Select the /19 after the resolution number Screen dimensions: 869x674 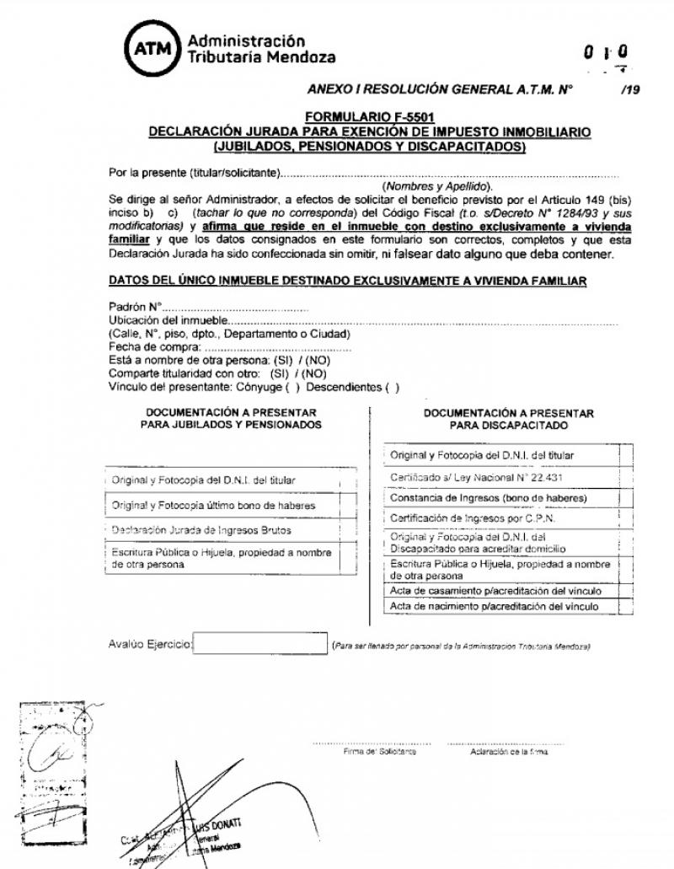click(628, 88)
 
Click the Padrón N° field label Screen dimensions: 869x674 click(135, 308)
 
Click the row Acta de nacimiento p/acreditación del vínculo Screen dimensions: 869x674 click(495, 606)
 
